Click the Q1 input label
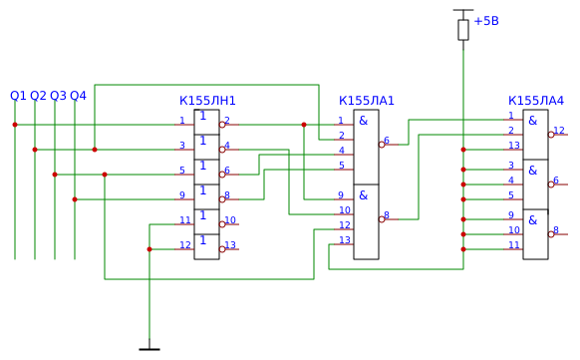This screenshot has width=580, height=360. [18, 96]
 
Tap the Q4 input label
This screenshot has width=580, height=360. [78, 96]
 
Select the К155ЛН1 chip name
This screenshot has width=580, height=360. [207, 101]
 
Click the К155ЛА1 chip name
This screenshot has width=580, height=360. [367, 101]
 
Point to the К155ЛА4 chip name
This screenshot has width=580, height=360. [536, 101]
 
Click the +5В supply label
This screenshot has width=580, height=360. [486, 21]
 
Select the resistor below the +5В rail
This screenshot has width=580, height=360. [463, 30]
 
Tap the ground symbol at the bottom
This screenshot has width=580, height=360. [149, 349]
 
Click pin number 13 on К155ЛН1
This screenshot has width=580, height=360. [230, 245]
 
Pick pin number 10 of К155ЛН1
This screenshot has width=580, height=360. [230, 220]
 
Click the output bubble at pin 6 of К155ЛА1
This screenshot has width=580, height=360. [382, 145]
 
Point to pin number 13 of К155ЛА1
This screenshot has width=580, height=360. [345, 240]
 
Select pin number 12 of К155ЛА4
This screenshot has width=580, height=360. [559, 131]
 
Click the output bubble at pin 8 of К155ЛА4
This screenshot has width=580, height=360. [551, 234]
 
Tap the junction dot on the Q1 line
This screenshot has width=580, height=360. [15, 125]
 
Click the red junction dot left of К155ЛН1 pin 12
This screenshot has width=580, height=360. [149, 249]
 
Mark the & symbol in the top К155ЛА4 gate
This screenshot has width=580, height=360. [532, 121]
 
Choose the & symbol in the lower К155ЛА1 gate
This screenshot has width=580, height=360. [364, 195]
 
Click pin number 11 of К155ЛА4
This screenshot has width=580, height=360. [514, 245]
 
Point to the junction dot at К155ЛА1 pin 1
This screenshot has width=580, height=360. [304, 125]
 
